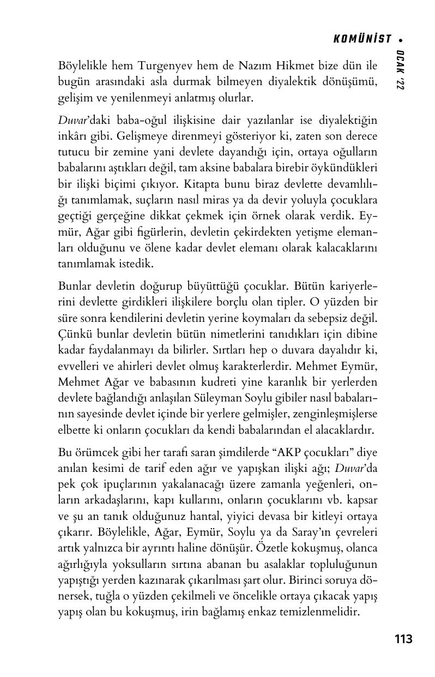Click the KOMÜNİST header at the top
click(362, 39)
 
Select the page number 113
click(403, 639)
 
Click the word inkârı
click(71, 136)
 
